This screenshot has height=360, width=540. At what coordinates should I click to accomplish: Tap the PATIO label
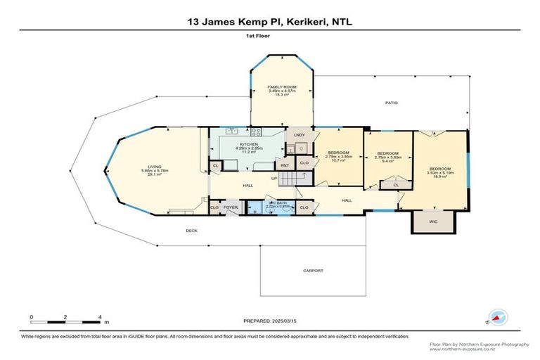coord(391,103)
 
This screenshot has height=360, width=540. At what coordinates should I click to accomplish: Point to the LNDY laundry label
coord(298,134)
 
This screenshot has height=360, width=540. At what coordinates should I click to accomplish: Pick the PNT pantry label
coord(285,165)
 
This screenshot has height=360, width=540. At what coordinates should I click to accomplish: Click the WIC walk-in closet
coord(433,221)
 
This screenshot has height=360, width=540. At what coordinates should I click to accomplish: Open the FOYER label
coord(231,208)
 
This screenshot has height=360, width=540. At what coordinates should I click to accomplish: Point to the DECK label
coord(191,230)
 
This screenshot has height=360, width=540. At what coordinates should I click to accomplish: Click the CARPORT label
coord(313,270)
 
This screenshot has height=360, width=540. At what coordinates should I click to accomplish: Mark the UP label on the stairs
coord(274,178)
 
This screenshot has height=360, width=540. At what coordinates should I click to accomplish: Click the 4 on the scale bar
coord(101,318)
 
